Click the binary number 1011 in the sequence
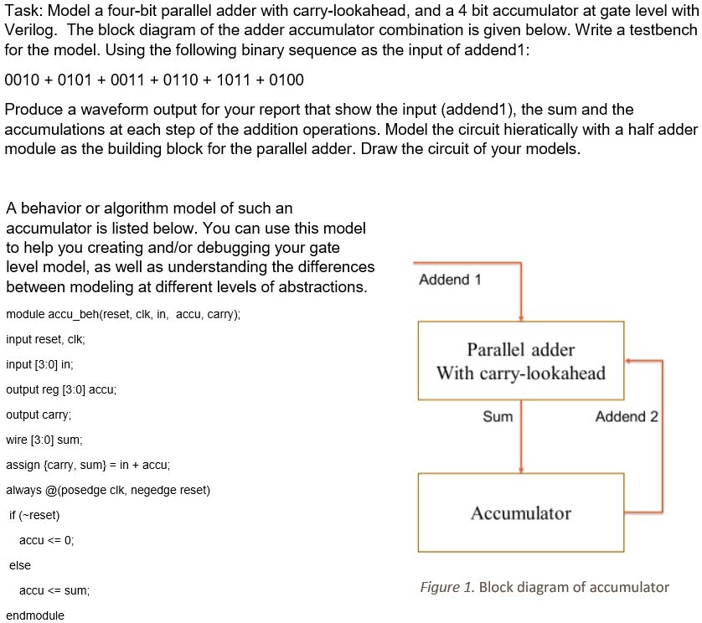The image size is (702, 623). [233, 80]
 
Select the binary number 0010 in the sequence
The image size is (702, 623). [22, 80]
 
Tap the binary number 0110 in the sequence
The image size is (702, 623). [180, 80]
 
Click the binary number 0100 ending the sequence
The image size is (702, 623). [286, 80]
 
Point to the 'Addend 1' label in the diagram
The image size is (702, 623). [450, 280]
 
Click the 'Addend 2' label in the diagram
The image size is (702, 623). [627, 416]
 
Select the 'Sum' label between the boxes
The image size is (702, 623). [498, 416]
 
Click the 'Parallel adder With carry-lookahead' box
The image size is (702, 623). [520, 362]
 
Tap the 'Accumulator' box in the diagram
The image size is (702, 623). [520, 512]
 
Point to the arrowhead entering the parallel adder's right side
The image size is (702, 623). [631, 362]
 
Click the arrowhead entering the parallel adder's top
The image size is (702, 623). [522, 317]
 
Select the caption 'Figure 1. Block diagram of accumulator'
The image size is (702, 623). [545, 587]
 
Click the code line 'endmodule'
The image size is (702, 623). [34, 615]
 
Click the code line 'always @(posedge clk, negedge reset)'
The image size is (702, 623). [107, 490]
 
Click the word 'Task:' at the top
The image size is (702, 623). [23, 10]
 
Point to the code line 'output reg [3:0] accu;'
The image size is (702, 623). [61, 389]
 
